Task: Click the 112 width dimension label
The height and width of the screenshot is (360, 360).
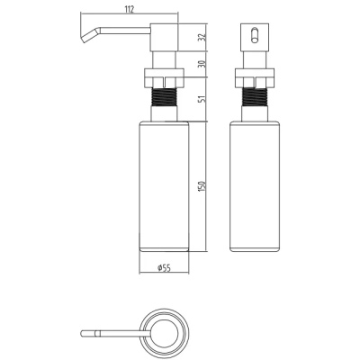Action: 129,9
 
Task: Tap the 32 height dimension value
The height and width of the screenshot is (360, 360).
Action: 202,37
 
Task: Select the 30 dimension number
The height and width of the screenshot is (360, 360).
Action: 202,64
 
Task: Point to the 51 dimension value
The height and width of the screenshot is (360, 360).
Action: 202,99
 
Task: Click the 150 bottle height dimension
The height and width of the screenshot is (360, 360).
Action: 202,186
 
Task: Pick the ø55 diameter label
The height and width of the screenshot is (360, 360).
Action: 164,268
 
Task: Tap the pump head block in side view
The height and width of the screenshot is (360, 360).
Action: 164,37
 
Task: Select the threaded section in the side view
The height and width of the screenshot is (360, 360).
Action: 164,96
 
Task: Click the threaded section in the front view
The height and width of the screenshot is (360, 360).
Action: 255,96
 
